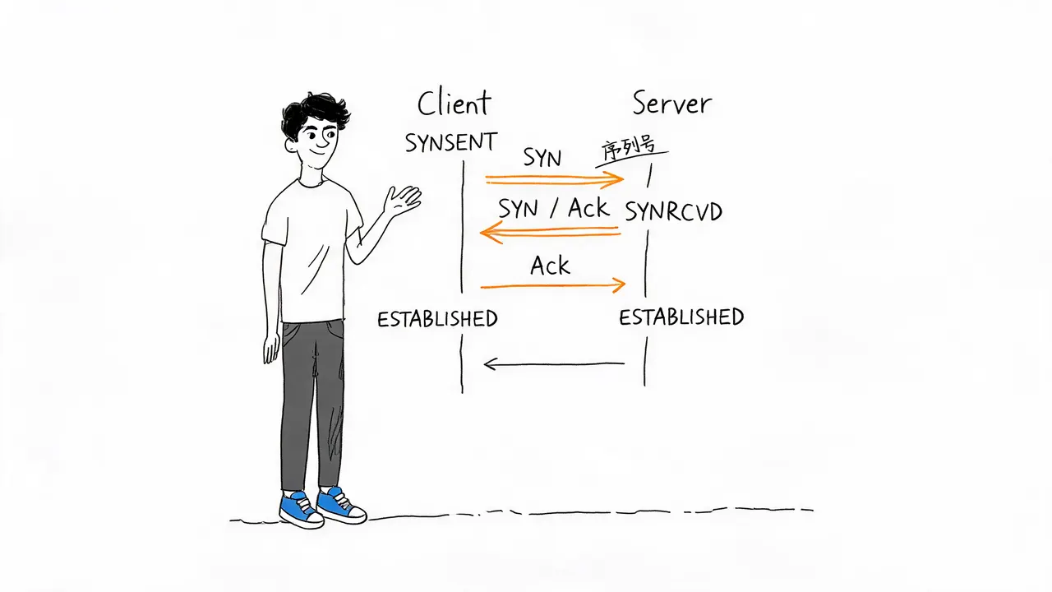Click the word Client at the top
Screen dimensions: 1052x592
pyautogui.click(x=454, y=103)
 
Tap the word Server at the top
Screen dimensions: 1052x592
pyautogui.click(x=672, y=104)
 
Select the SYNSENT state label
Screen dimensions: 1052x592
pyautogui.click(x=451, y=142)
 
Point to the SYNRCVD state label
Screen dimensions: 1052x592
pyautogui.click(x=673, y=211)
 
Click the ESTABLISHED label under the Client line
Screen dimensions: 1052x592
pyautogui.click(x=437, y=319)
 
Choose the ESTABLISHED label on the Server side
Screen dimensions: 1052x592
pyautogui.click(x=681, y=317)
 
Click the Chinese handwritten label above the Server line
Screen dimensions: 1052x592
pyautogui.click(x=629, y=149)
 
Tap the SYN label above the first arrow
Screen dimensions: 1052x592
pyautogui.click(x=542, y=158)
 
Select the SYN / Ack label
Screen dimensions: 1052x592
pyautogui.click(x=554, y=208)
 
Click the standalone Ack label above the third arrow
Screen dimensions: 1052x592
pyautogui.click(x=550, y=266)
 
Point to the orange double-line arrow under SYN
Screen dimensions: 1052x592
pyautogui.click(x=555, y=179)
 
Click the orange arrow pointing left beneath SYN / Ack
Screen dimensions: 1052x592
pyautogui.click(x=550, y=232)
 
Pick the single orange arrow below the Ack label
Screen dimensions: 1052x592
pyautogui.click(x=553, y=285)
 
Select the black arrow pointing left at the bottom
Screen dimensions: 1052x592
pyautogui.click(x=554, y=363)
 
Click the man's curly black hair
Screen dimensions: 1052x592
pyautogui.click(x=314, y=113)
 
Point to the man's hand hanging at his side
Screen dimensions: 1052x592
pyautogui.click(x=271, y=348)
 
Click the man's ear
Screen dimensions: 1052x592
pyautogui.click(x=291, y=145)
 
